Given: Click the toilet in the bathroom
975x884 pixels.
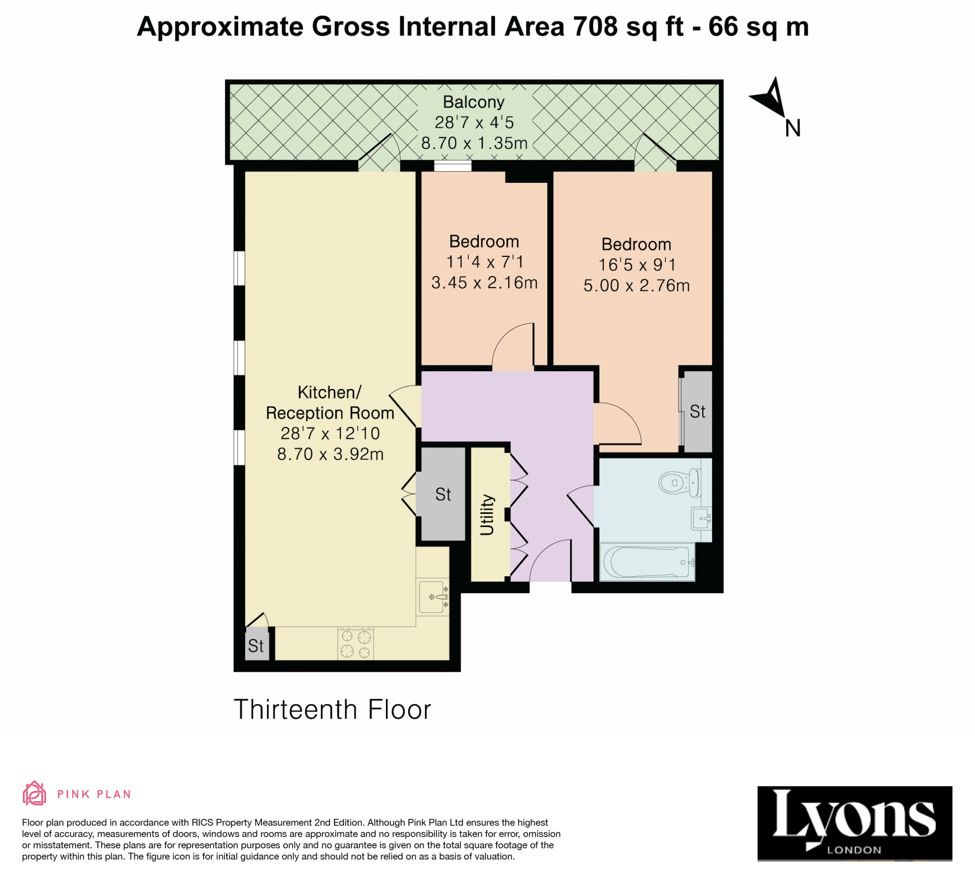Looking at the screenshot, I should point(678,482).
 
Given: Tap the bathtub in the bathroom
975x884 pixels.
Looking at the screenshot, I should point(646,562).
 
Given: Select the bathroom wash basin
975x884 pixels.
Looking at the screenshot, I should point(701,518).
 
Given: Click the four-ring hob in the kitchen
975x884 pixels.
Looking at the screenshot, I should point(355,643).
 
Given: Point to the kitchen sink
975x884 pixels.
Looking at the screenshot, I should point(432,597).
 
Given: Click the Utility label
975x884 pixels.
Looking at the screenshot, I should point(487,515).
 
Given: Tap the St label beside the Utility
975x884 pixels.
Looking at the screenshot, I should point(443,495).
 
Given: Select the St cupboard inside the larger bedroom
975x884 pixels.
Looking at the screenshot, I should point(697,412).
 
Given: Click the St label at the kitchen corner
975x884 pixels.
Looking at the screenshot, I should point(256,646).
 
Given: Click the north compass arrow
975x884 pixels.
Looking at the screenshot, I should point(770,98).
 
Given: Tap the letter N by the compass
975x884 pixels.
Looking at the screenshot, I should point(792,128).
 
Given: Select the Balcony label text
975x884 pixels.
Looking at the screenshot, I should point(473,102).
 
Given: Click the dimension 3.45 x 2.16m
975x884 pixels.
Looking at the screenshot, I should point(484,283).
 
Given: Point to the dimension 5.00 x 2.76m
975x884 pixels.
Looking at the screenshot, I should point(636,285).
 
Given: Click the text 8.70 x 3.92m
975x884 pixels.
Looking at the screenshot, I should point(330,454).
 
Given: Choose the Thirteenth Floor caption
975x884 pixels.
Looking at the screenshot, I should point(332,709).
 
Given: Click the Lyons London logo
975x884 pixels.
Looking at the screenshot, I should point(854,823).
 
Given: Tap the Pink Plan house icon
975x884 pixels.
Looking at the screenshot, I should point(34,794).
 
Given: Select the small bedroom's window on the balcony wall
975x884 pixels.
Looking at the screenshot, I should point(452,166).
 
